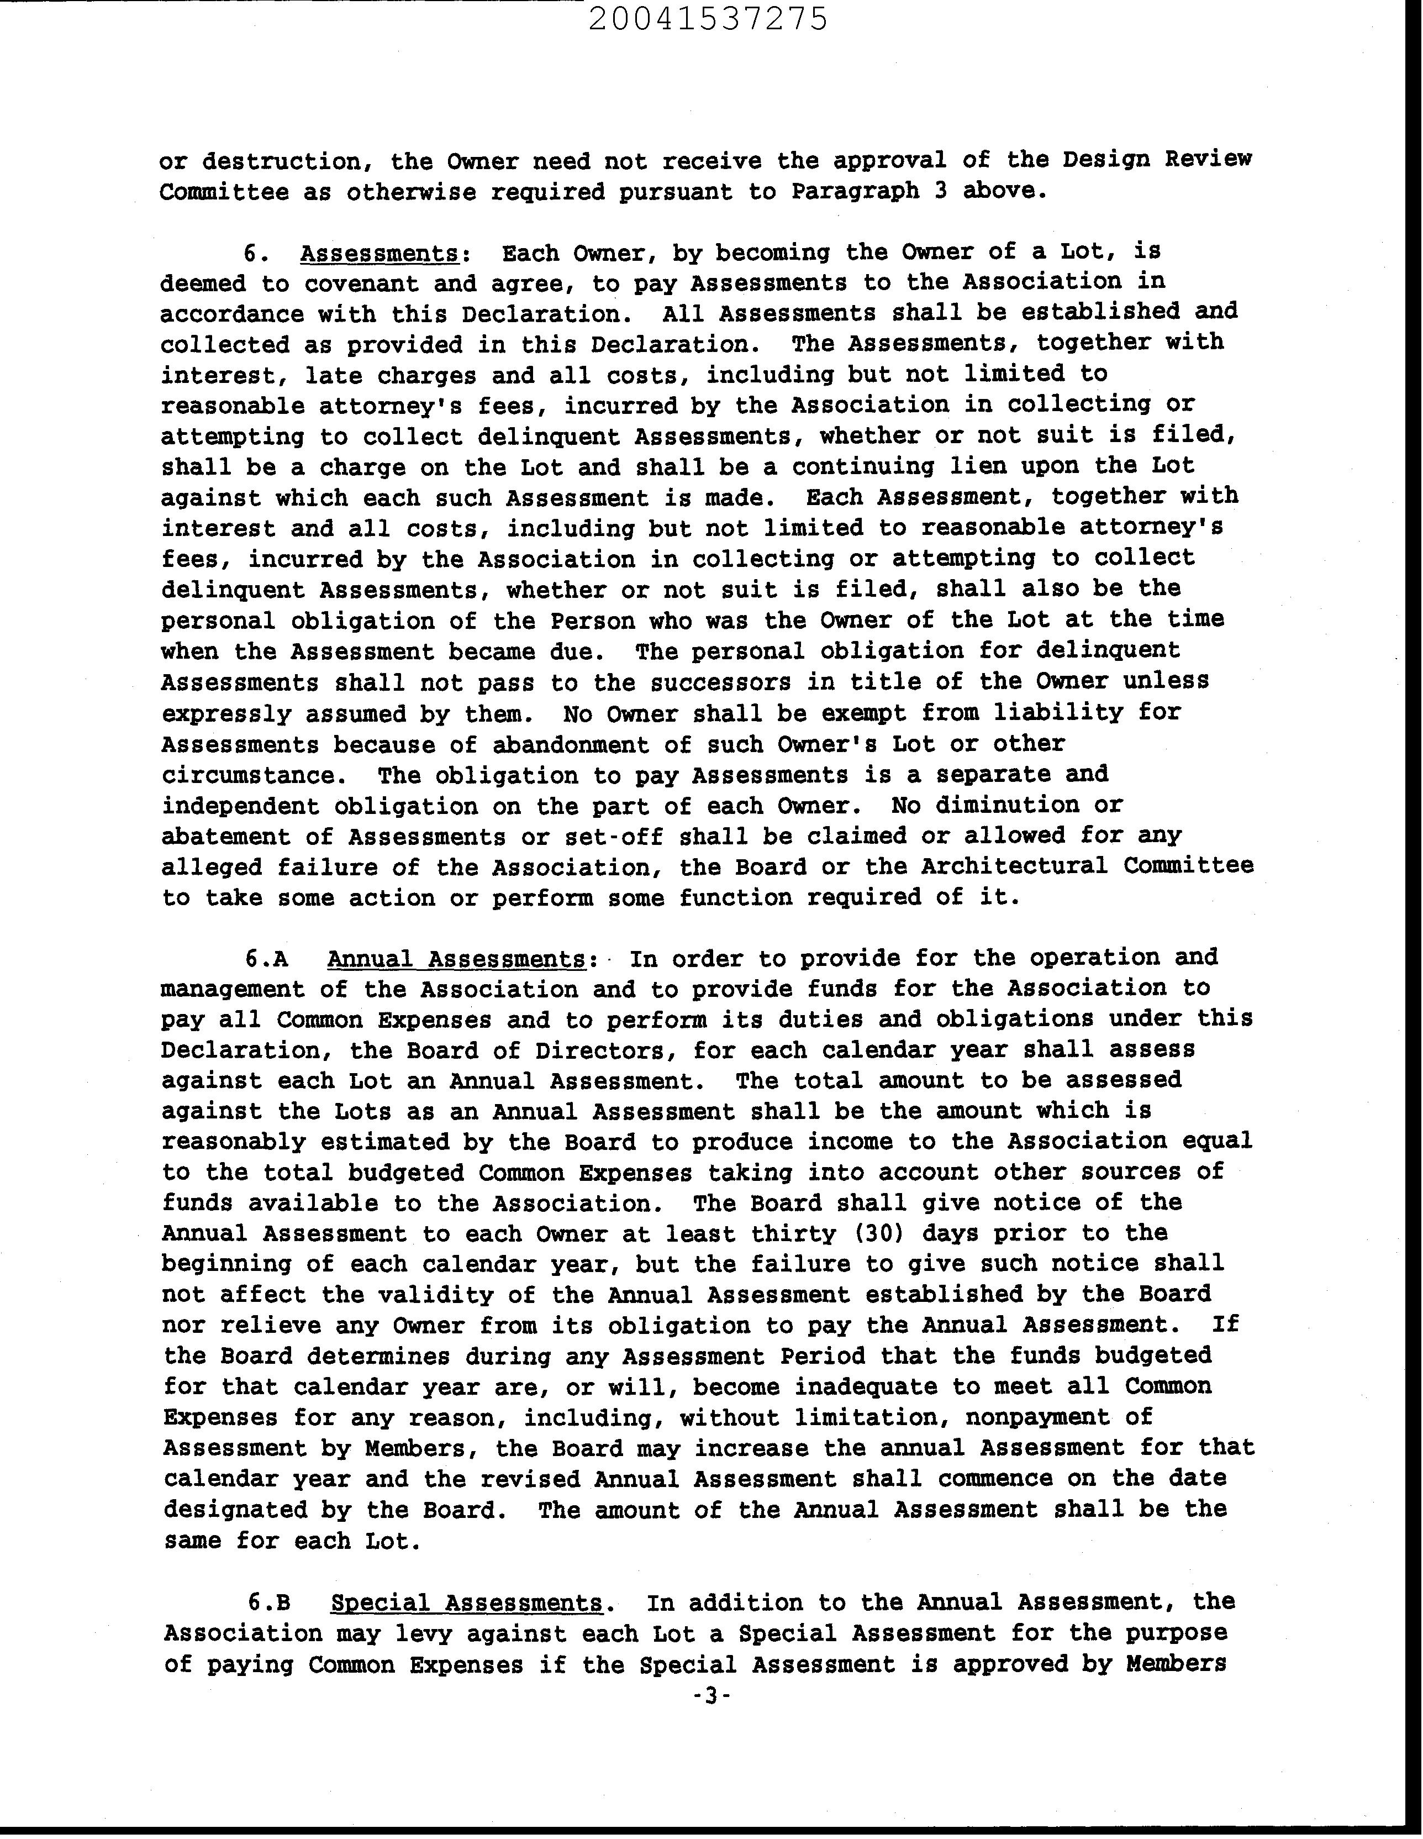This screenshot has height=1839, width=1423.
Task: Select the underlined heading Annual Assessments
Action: (456, 959)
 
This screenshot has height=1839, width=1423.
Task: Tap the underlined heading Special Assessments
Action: (466, 1602)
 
